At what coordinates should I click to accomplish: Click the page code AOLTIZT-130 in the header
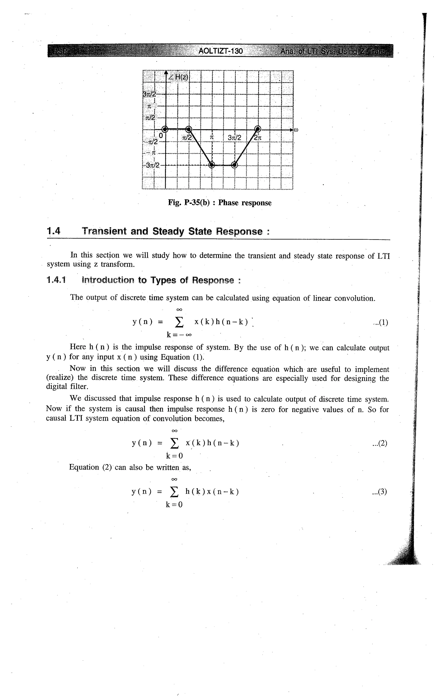[x=221, y=51]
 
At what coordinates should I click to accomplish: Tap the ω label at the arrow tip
[x=296, y=130]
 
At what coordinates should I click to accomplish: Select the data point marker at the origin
[x=165, y=129]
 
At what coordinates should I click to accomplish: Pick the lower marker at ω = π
[x=211, y=165]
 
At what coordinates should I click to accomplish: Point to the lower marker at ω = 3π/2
[x=235, y=165]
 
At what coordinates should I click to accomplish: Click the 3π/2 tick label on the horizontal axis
[x=235, y=138]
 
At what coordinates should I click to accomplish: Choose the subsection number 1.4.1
[x=56, y=280]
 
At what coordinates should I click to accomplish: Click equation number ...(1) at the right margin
[x=380, y=323]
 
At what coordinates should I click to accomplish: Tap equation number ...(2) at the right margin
[x=380, y=444]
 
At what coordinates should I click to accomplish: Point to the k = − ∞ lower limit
[x=179, y=335]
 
